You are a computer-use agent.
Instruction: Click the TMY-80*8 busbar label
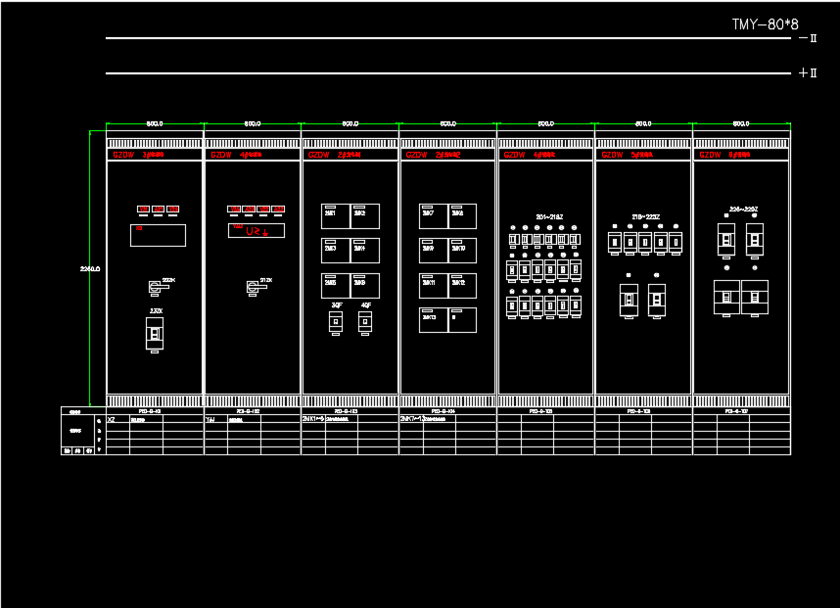765,24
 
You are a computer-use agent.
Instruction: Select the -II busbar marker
808,39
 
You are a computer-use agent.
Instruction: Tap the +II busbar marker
808,73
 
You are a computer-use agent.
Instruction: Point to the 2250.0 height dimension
90,268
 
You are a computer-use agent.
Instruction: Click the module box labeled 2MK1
335,215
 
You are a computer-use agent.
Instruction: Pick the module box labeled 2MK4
364,251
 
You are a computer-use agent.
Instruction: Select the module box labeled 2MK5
335,285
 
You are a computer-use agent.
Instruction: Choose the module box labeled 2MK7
433,215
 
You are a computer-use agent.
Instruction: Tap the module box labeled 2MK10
462,251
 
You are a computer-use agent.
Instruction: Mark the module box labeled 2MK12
462,285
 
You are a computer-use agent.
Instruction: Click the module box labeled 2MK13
433,320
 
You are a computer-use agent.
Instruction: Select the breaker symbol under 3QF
336,321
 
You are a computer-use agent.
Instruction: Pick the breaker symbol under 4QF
365,321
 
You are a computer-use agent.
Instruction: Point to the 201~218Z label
549,216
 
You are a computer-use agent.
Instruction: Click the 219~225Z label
646,216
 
